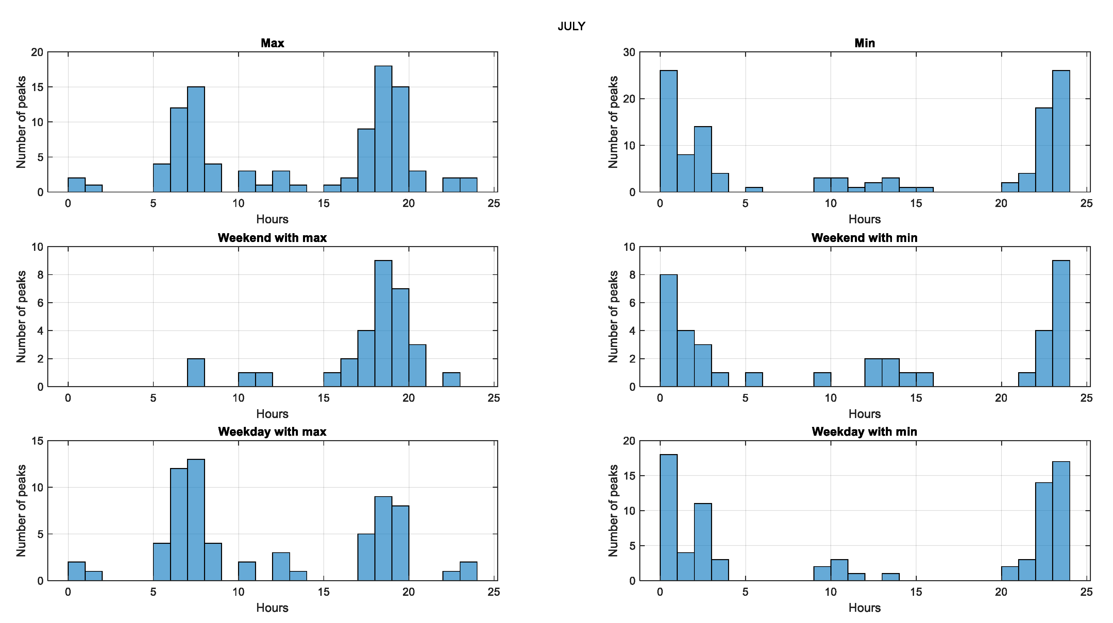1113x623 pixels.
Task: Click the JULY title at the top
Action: pos(571,26)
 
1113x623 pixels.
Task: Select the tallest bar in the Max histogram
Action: pos(383,129)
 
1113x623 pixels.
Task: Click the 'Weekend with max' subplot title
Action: pos(272,238)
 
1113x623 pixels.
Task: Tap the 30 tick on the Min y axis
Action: pos(629,52)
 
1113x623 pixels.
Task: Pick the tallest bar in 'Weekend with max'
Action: pos(383,324)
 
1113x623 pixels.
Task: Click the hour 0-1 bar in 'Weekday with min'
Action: pos(669,518)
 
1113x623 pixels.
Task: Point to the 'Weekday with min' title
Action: pos(864,432)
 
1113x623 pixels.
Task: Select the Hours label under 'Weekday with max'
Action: pos(272,608)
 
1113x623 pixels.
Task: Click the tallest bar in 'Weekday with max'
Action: pos(196,520)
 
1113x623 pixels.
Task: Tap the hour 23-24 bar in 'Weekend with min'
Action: pos(1061,324)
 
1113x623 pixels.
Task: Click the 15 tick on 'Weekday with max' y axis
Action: pos(38,441)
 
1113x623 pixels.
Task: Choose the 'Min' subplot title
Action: pos(864,43)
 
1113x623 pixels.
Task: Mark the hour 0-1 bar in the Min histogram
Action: pos(669,132)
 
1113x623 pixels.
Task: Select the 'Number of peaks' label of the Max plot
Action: pos(21,122)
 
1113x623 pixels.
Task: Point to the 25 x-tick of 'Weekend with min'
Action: pos(1086,398)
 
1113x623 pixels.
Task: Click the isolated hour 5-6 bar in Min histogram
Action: pos(754,190)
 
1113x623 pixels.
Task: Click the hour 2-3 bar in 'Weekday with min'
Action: pos(703,542)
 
